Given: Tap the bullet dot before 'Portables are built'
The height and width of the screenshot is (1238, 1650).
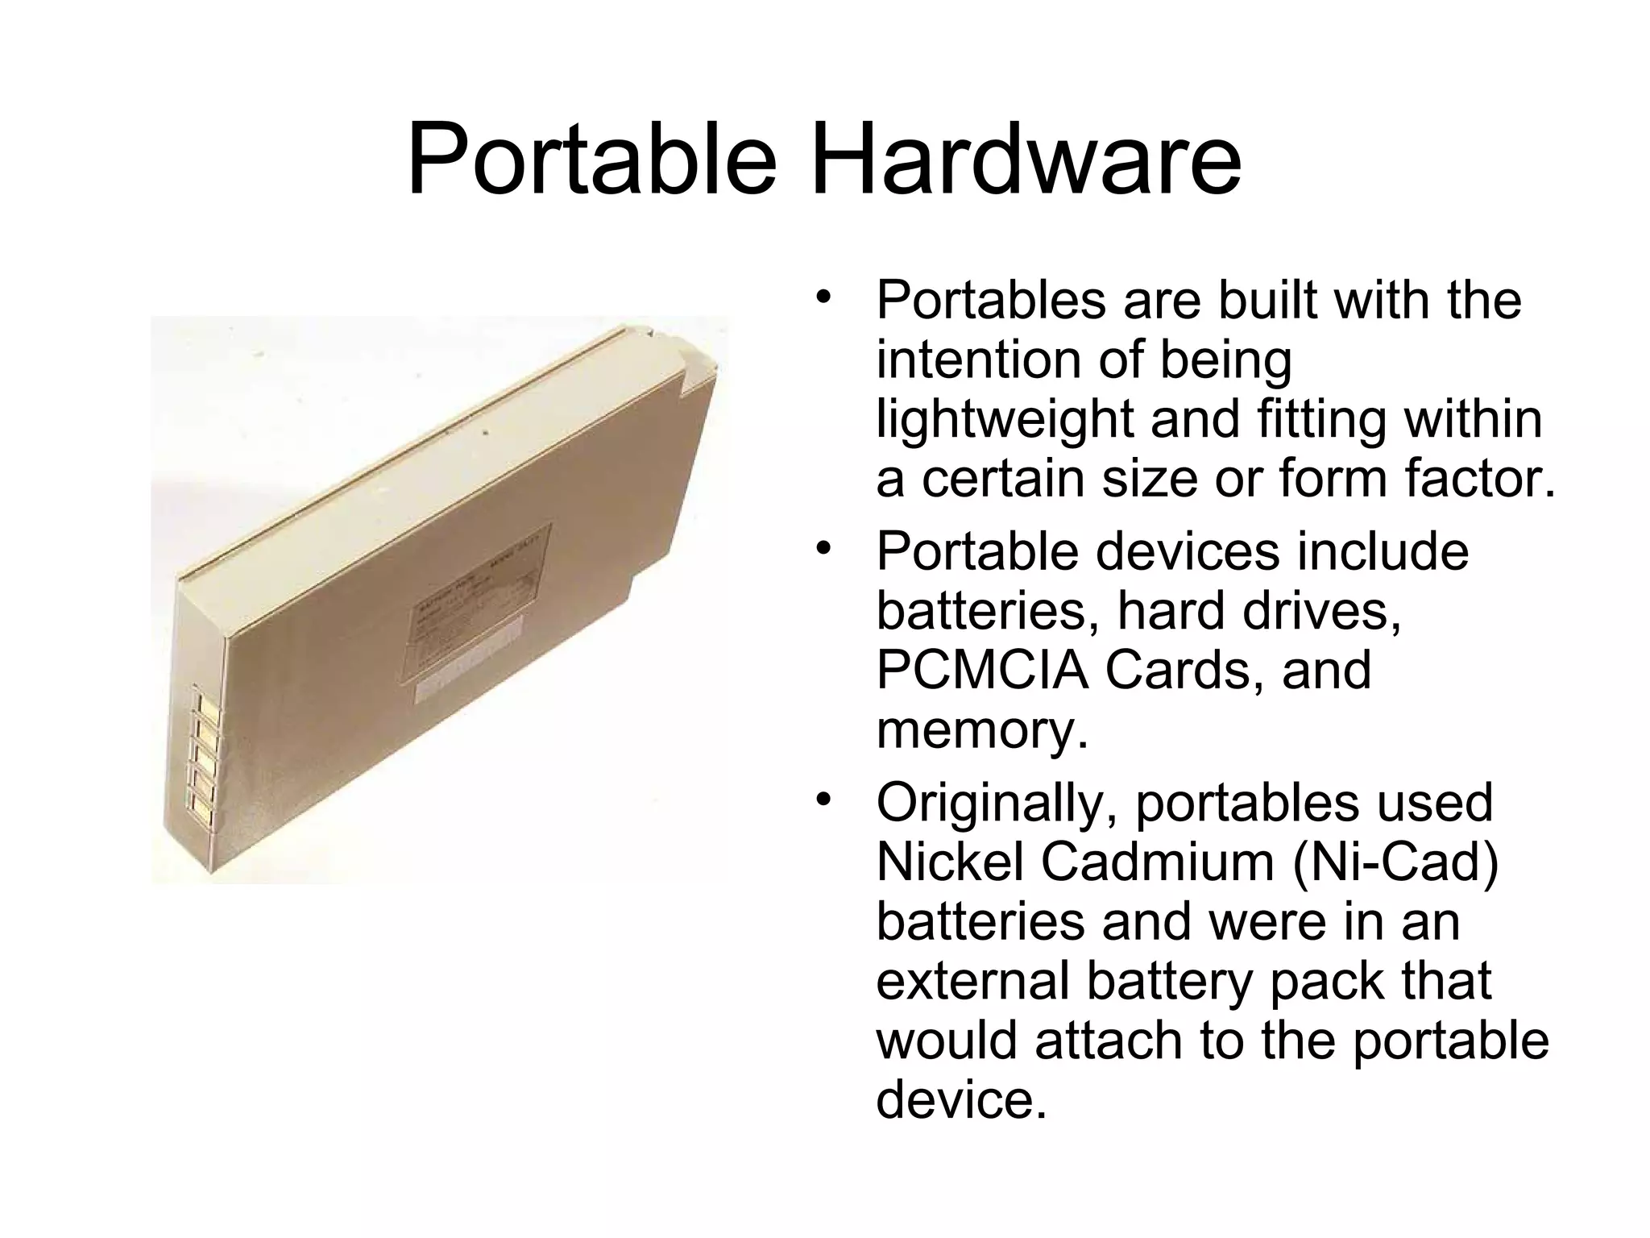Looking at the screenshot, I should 822,297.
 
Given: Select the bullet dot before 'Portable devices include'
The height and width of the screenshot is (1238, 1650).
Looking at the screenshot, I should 822,549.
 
